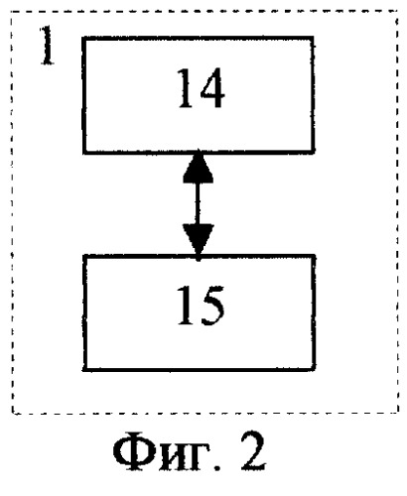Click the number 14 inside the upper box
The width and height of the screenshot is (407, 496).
202,88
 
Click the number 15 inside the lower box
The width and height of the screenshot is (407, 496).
201,306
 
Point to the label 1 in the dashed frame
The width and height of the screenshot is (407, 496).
47,46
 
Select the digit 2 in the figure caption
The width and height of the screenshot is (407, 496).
253,451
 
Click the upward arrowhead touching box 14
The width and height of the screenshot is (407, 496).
199,167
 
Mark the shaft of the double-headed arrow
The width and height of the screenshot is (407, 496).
198,204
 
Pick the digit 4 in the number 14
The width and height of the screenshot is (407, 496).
211,88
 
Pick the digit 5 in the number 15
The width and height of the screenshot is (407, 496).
212,306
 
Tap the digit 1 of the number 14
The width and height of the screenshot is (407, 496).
186,88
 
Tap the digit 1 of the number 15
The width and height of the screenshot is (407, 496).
186,306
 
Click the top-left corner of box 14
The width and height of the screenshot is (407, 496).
84,39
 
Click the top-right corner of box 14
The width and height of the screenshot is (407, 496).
312,39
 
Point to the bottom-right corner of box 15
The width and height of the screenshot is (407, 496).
313,369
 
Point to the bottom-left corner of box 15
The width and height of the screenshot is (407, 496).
84,369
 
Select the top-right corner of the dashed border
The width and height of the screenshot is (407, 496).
397,12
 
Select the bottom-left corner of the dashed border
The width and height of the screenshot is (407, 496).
13,413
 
